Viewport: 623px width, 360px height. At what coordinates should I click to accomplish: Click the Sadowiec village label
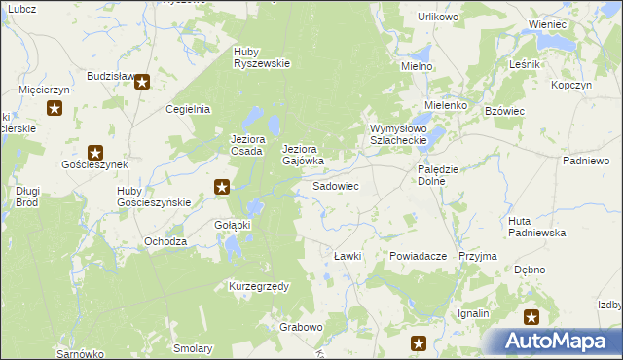(335, 185)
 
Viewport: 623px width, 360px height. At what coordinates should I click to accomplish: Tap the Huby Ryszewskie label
(262, 57)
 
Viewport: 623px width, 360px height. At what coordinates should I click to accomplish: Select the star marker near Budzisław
(142, 83)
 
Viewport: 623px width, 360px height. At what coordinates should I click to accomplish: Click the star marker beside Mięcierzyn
(55, 108)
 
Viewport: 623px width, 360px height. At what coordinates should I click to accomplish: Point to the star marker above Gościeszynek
(95, 152)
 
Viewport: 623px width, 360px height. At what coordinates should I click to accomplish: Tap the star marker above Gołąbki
(222, 187)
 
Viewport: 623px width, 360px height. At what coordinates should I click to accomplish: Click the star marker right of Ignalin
(531, 316)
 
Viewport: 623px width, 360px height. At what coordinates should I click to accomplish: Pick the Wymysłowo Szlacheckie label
(400, 135)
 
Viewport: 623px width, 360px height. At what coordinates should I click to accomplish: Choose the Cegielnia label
(189, 110)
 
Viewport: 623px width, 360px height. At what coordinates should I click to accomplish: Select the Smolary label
(193, 348)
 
